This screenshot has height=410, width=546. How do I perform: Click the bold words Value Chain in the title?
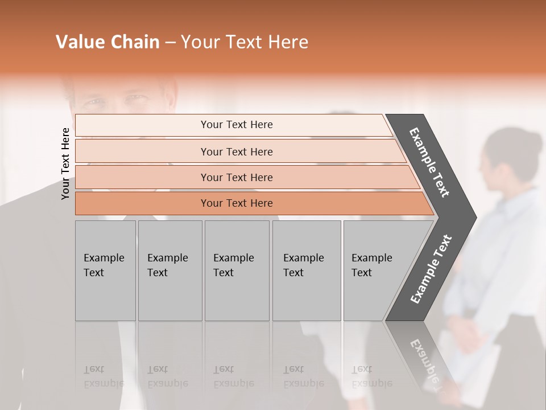click(x=107, y=42)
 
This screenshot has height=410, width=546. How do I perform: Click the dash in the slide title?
click(x=170, y=43)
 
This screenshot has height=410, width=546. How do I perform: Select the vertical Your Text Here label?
click(x=65, y=163)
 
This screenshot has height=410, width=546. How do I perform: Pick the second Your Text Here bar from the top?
click(x=236, y=151)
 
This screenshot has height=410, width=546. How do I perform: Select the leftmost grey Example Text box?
click(x=105, y=270)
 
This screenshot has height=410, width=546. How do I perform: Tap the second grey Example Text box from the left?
click(x=169, y=270)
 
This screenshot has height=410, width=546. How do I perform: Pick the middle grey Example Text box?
click(x=237, y=270)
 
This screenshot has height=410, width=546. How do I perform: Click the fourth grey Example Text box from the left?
click(x=306, y=270)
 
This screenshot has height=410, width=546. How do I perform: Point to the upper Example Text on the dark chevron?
click(x=430, y=162)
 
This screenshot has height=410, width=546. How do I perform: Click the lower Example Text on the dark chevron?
click(x=431, y=269)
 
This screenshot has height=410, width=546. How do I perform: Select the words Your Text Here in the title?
click(x=245, y=42)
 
